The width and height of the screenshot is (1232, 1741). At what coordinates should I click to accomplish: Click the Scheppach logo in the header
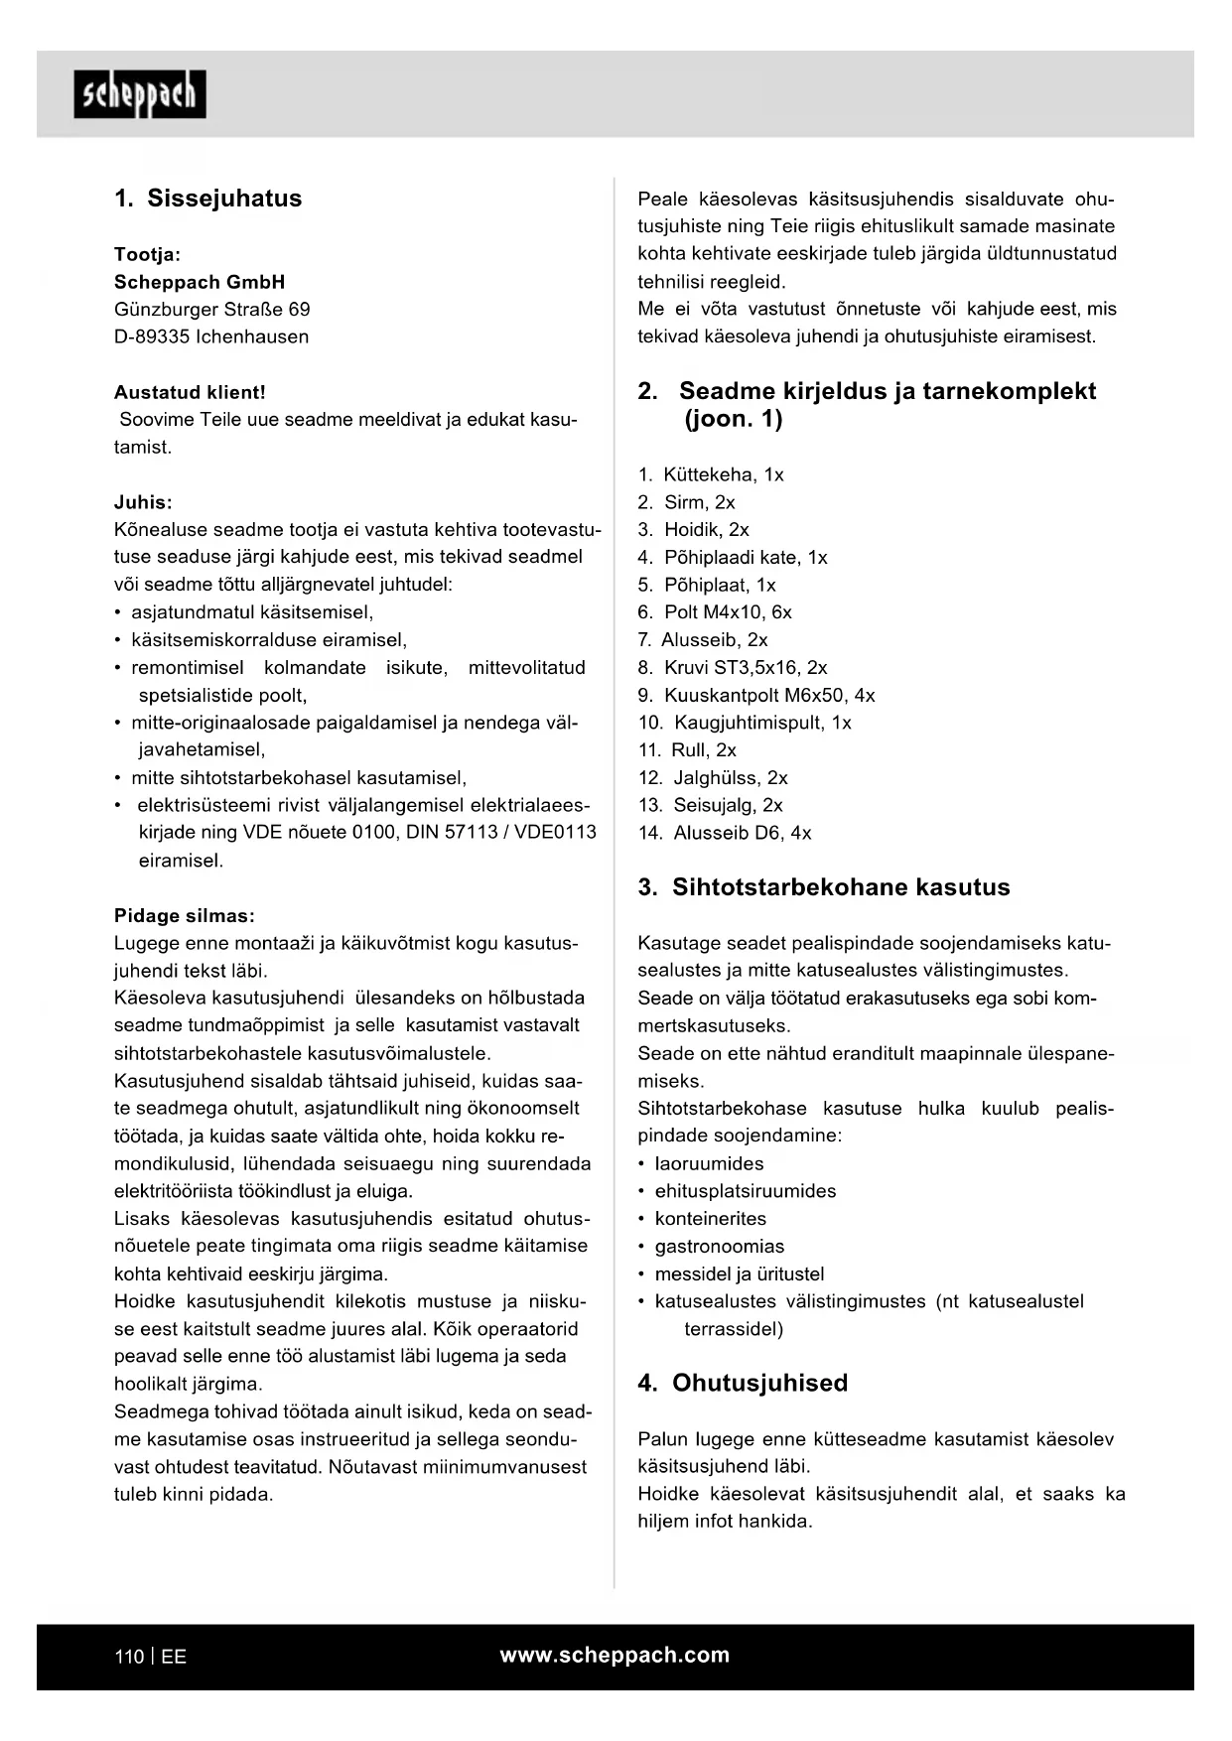point(140,94)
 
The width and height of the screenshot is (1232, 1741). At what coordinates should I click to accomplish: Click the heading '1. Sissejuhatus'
point(207,199)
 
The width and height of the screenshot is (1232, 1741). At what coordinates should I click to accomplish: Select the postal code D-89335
point(151,336)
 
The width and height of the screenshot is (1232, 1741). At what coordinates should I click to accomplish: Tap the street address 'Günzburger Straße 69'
point(211,309)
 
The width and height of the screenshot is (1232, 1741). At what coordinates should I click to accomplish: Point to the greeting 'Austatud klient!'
point(190,392)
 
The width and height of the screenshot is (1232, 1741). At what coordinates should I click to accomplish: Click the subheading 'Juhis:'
point(143,502)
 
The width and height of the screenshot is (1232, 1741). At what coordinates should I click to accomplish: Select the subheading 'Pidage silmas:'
point(185,915)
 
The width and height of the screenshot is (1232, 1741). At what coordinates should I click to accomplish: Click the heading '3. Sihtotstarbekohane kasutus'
point(824,887)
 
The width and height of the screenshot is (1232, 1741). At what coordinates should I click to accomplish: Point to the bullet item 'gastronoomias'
point(719,1246)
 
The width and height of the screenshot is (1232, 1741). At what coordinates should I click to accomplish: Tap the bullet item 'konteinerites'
point(710,1218)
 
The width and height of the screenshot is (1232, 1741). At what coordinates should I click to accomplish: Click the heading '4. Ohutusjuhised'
point(743,1383)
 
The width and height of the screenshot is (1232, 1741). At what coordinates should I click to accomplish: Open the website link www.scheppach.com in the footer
point(615,1655)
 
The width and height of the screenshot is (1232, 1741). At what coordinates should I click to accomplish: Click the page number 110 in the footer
point(128,1657)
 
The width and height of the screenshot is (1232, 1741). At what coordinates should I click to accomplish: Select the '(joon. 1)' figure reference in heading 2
point(733,419)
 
